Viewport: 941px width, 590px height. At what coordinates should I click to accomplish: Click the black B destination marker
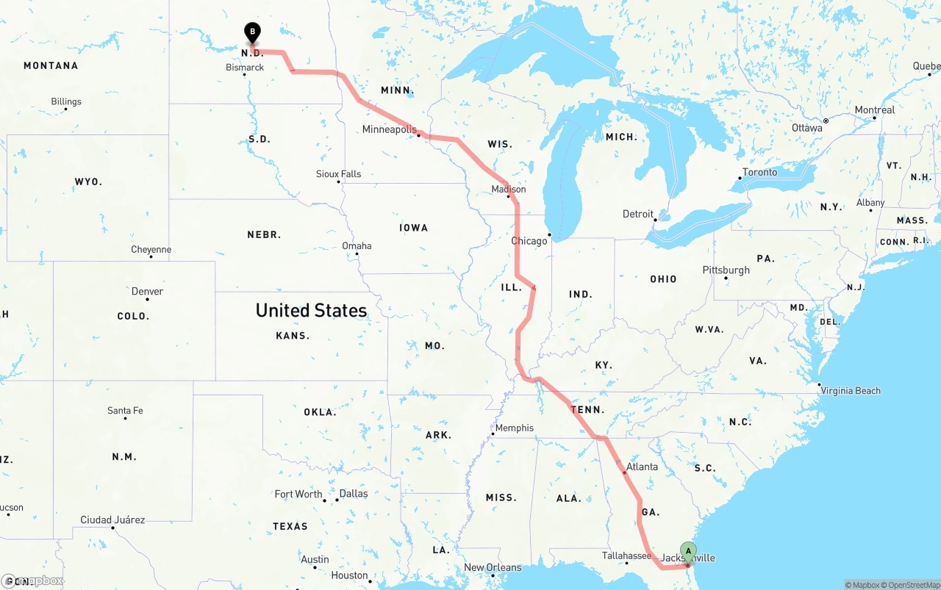tap(252, 32)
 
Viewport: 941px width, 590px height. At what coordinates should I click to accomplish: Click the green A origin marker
tap(688, 550)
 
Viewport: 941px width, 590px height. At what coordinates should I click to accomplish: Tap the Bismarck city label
tap(245, 68)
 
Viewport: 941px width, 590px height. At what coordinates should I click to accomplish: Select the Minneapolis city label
tap(390, 130)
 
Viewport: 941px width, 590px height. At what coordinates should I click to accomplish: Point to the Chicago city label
tap(529, 241)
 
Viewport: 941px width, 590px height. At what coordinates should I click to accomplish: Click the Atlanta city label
tap(643, 467)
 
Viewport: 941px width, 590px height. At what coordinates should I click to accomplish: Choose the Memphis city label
tap(515, 428)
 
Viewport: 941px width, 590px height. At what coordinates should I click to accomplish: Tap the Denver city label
tap(147, 292)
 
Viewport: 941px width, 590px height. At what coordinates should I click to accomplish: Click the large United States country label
tap(311, 311)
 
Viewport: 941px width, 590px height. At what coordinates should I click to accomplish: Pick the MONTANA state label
tap(51, 66)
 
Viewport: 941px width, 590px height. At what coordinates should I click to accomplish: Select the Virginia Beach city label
tap(851, 391)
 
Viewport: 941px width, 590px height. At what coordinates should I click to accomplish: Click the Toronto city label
tap(759, 173)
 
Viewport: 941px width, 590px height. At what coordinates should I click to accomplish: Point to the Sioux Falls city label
tap(338, 174)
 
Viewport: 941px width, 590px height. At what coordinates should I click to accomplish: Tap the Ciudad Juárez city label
tap(112, 520)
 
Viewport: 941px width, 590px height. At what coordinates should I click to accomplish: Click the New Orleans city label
tap(493, 568)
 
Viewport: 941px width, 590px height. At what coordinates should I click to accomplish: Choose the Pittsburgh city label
tap(726, 270)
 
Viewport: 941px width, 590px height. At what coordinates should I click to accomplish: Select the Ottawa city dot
tap(826, 120)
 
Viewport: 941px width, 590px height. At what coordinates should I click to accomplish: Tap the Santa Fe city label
tap(125, 411)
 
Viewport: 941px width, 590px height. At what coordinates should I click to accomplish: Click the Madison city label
tap(509, 190)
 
